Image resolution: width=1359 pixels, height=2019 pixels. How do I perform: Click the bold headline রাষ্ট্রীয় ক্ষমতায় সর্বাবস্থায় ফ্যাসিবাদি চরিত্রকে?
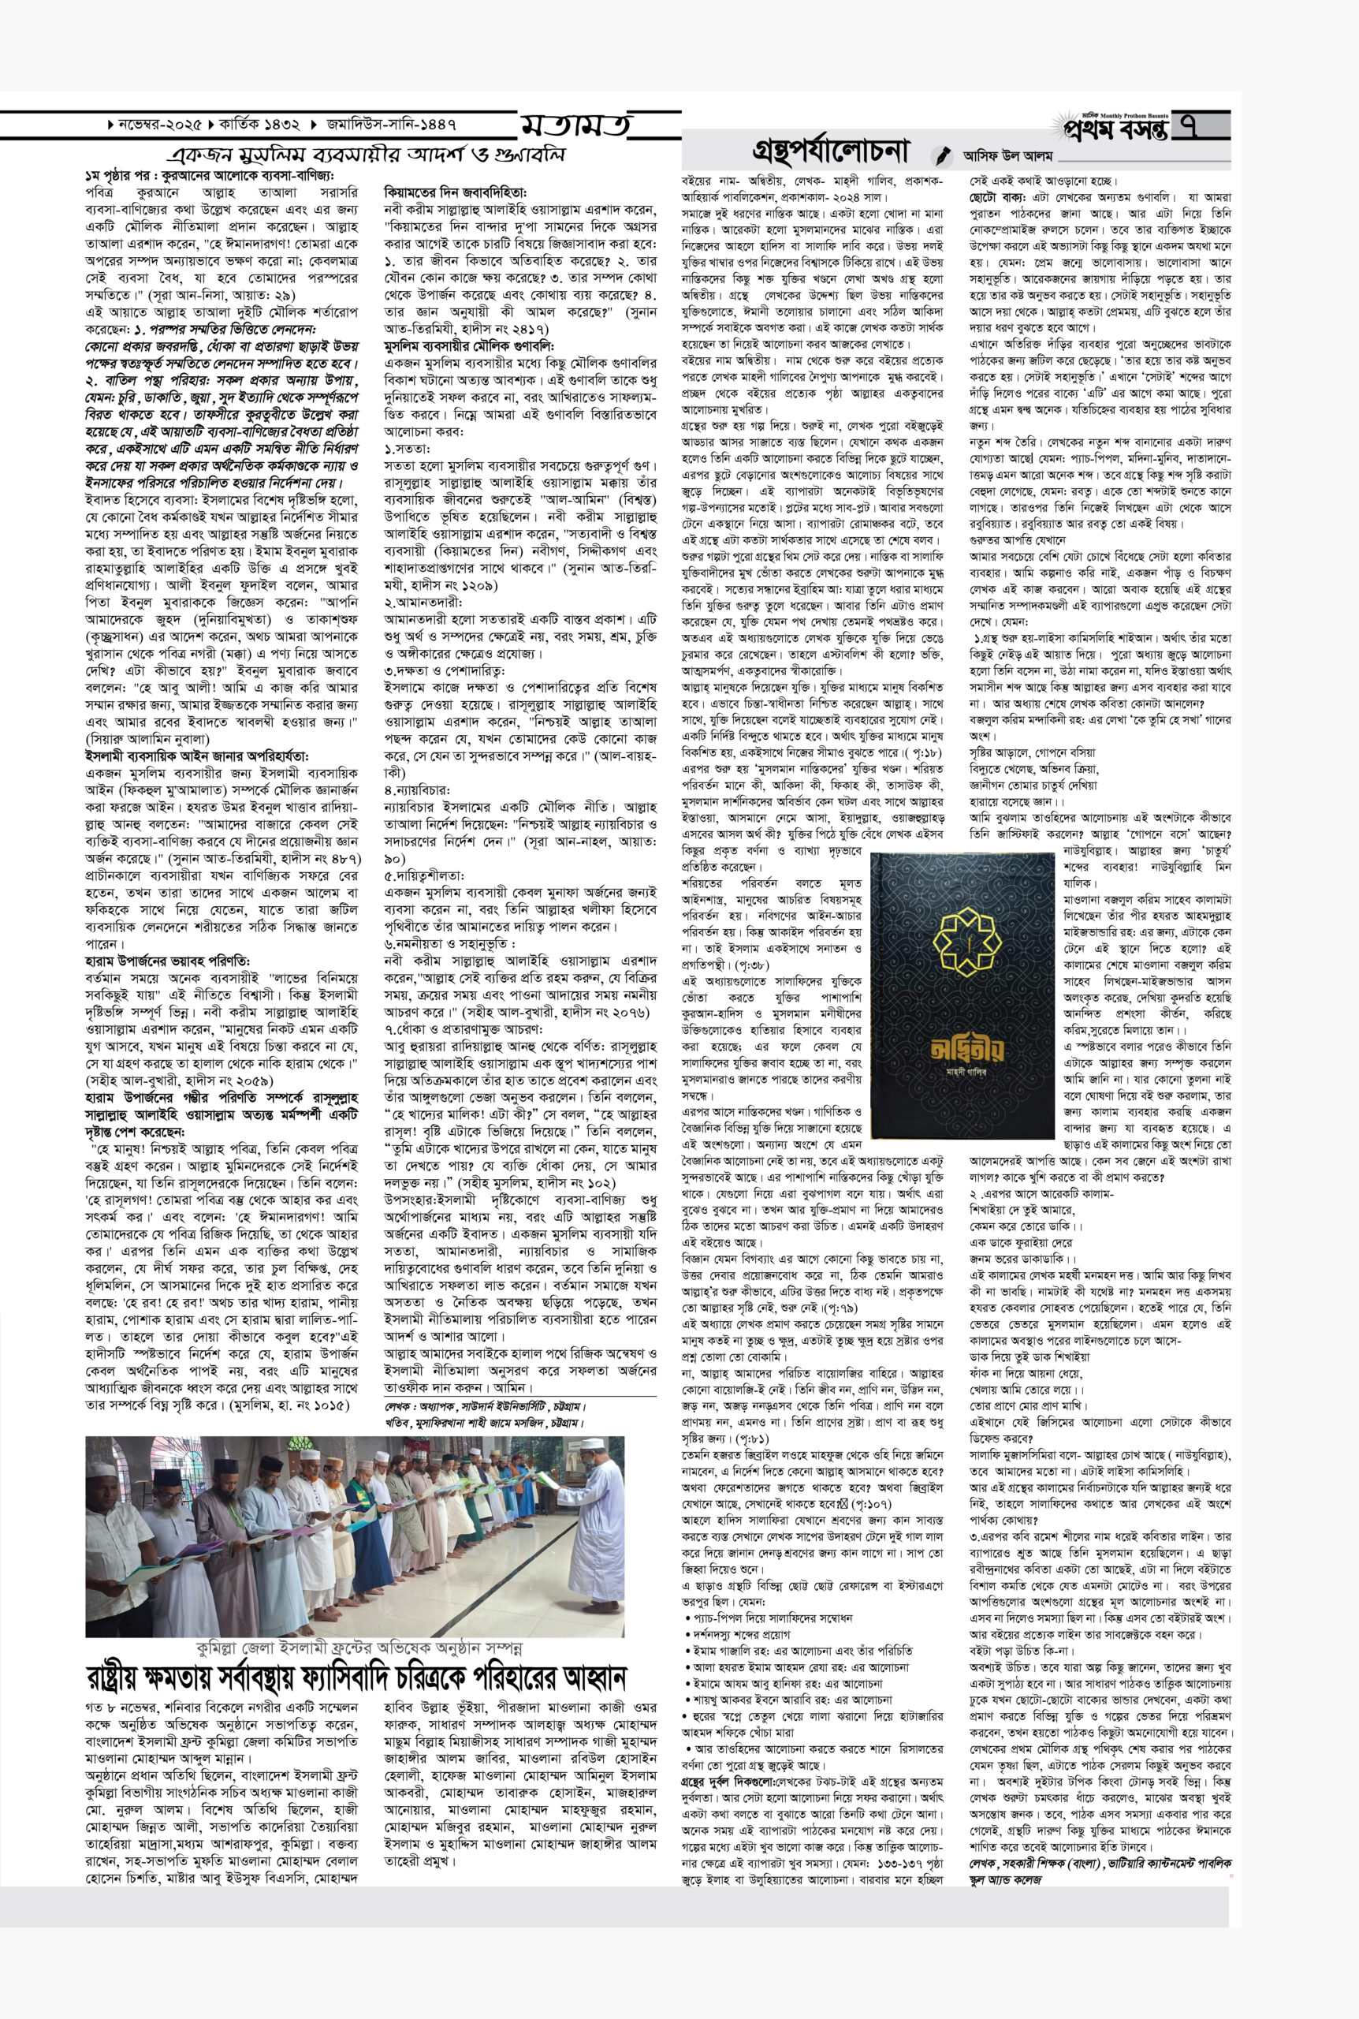click(x=356, y=1677)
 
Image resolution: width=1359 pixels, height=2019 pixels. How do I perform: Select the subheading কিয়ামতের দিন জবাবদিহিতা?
click(x=455, y=192)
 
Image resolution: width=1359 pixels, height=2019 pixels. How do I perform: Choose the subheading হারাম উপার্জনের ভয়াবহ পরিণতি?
click(x=167, y=961)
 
